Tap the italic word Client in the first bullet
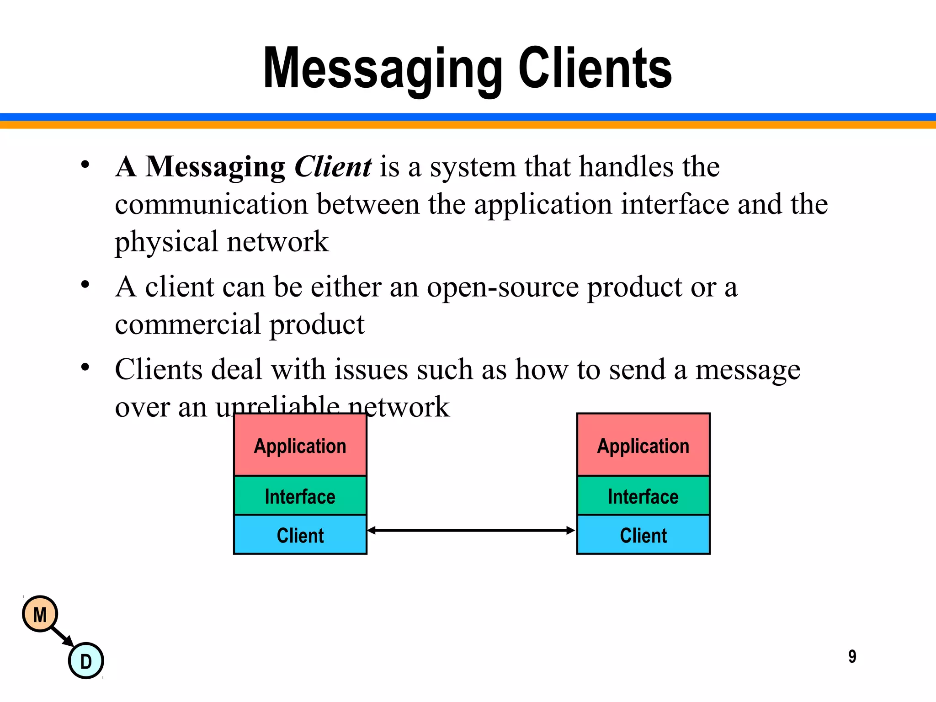333,166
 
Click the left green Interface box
300,496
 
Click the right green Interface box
643,496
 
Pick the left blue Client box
300,535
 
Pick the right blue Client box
643,535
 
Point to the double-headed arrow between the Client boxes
471,530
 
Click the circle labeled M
40,614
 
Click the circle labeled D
86,661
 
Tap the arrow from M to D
63,637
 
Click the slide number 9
852,657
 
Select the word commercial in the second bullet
188,324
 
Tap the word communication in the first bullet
211,204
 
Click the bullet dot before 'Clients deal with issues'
85,367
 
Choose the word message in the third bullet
748,370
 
